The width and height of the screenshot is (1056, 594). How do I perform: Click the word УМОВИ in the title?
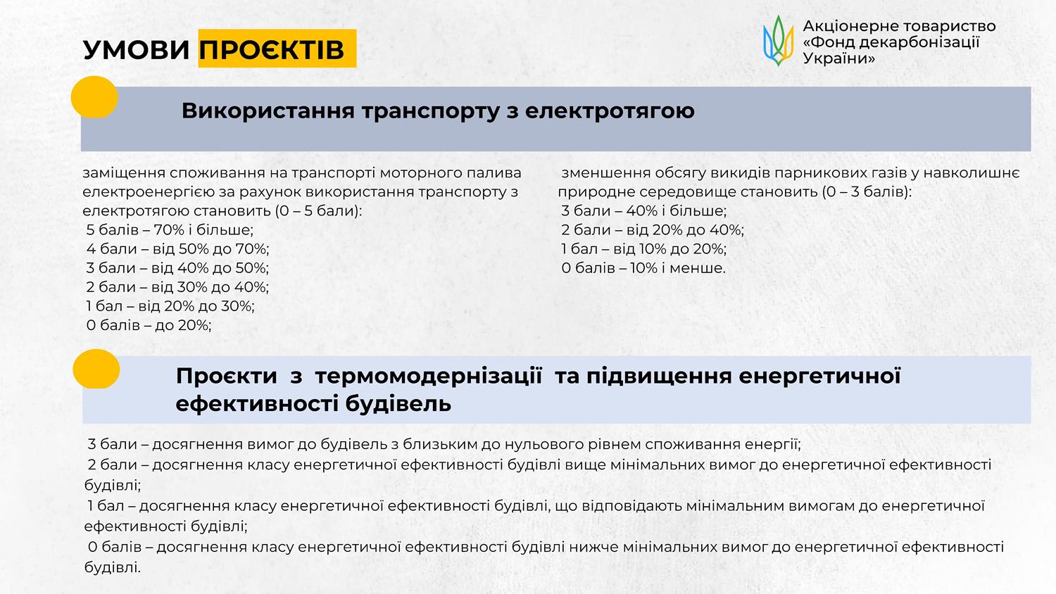pos(137,50)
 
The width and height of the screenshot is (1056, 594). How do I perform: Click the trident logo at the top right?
pos(779,41)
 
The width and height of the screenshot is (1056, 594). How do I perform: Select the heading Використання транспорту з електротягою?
pos(438,110)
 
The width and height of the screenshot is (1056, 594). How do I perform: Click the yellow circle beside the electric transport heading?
pos(94,96)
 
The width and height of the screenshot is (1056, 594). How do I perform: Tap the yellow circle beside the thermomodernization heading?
pos(96,369)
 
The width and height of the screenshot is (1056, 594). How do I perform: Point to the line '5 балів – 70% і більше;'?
pos(170,230)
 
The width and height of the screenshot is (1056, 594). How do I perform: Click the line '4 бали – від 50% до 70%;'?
pos(177,249)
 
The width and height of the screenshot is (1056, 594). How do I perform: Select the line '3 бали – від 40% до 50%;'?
pos(177,268)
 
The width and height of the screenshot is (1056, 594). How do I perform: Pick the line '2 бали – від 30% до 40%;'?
pos(177,287)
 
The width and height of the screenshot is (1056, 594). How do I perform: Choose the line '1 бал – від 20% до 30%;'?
pos(170,306)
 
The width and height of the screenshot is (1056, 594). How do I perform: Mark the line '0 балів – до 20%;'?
pos(149,325)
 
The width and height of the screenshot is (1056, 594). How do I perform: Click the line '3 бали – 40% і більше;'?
pos(644,210)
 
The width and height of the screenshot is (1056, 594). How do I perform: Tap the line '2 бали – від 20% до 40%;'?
pos(653,230)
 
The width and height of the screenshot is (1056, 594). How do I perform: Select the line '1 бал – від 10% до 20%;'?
pos(644,249)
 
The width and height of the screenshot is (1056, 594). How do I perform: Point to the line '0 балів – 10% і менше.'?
pos(643,268)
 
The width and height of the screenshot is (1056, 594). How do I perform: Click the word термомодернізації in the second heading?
pos(429,377)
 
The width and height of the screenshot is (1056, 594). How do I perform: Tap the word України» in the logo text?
pos(839,58)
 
